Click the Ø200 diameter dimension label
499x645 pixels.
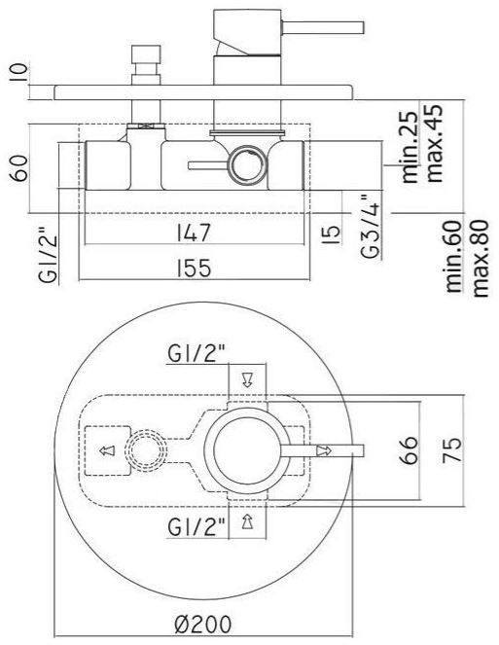point(202,624)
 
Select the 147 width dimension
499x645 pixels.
point(194,233)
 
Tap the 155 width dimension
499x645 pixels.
point(194,269)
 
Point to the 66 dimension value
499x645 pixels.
point(409,450)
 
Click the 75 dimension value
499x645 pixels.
point(452,450)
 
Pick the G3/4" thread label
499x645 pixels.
point(371,226)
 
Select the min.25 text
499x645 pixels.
point(410,147)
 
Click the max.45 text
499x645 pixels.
point(435,143)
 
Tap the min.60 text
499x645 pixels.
point(454,257)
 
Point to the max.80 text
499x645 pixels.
point(480,259)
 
